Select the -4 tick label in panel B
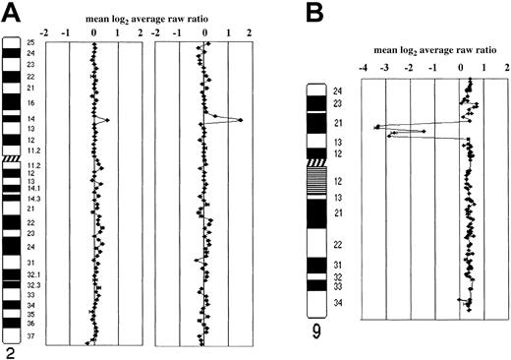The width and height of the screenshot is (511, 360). pyautogui.click(x=364, y=68)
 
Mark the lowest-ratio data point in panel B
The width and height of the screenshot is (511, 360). pyautogui.click(x=376, y=128)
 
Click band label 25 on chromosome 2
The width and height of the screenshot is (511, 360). pyautogui.click(x=29, y=43)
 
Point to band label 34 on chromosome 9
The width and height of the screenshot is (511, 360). pyautogui.click(x=339, y=303)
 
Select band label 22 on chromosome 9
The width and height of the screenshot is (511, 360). pyautogui.click(x=339, y=243)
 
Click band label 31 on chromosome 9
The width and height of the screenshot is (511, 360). pyautogui.click(x=339, y=266)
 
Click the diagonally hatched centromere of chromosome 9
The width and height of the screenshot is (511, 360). pyautogui.click(x=318, y=162)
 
